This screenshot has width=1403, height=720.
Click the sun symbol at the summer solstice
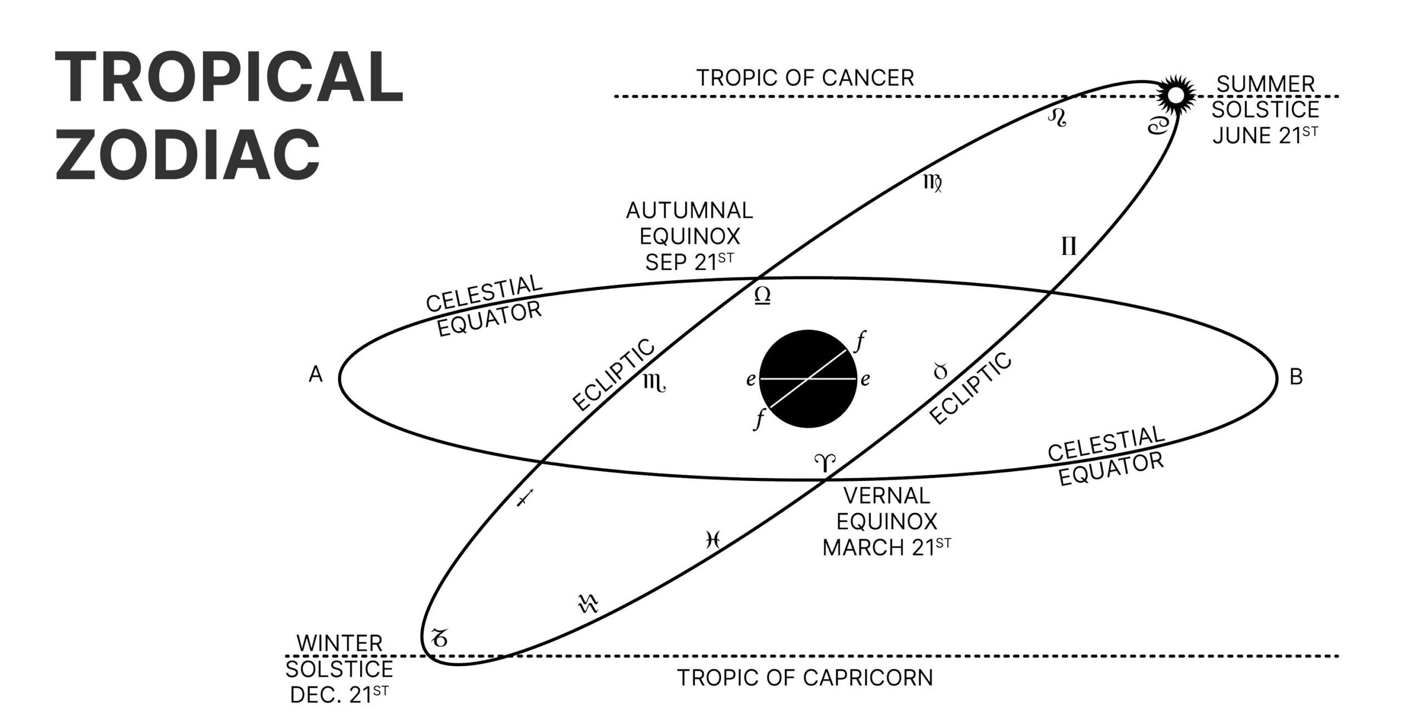click(1174, 95)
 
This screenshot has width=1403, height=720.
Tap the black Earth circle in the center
click(808, 379)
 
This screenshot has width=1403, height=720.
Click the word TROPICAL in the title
click(229, 77)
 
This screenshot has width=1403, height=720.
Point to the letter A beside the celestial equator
click(316, 375)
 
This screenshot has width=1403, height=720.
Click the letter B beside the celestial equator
click(1296, 377)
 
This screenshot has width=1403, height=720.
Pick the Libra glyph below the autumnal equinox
click(762, 296)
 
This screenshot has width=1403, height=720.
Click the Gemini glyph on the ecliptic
click(1069, 247)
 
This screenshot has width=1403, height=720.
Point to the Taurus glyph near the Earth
click(940, 372)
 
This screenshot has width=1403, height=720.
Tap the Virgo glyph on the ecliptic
click(933, 183)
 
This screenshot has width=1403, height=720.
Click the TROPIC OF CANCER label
click(805, 78)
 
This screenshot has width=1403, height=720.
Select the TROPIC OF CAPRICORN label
click(805, 678)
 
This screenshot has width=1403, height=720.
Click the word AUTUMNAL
click(689, 211)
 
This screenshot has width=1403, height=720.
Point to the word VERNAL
click(886, 496)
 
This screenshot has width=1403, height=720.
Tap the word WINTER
click(339, 644)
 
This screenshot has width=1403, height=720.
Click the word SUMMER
click(1265, 84)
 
